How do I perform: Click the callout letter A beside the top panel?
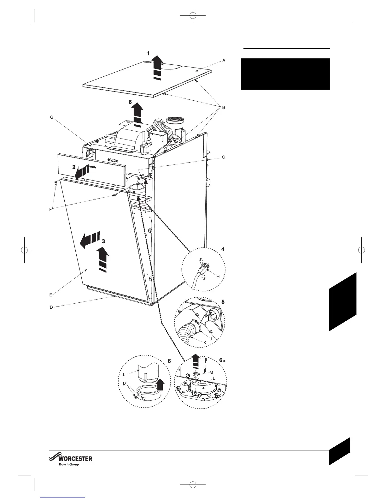pos(224,60)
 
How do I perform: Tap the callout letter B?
pos(224,108)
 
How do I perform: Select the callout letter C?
pos(224,157)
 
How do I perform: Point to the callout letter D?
pos(51,307)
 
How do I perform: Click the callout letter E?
pos(50,295)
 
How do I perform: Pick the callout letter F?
pos(50,210)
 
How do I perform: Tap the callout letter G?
pos(52,117)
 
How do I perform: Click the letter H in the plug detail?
pos(218,276)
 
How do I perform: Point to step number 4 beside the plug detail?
pos(223,249)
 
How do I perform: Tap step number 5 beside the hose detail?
pos(223,301)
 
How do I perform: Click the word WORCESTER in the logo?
pos(76,459)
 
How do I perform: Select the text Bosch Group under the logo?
pos(69,464)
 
